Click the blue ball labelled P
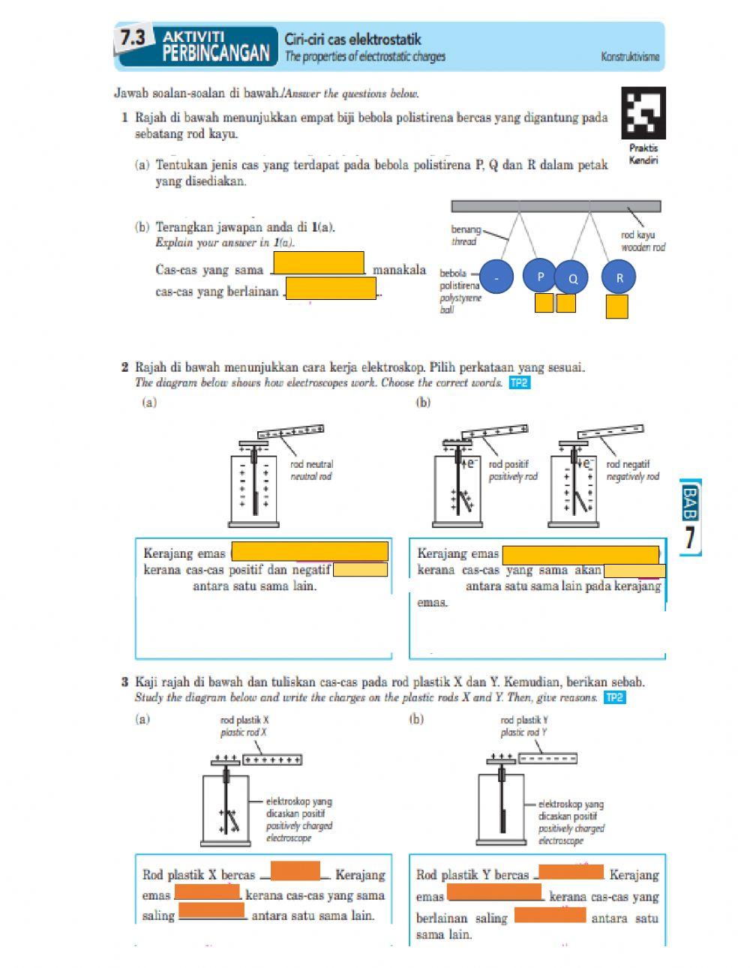541,276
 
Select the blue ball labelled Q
573,279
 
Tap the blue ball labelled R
619,277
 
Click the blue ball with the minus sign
496,278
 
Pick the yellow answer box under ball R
616,307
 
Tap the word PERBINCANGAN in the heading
216,53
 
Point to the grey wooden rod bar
556,206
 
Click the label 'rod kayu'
637,235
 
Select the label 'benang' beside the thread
465,229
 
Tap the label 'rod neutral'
311,465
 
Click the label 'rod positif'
508,465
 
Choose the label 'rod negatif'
628,465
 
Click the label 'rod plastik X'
244,720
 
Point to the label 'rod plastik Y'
524,720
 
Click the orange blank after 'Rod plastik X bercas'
295,871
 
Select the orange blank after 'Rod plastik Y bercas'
571,872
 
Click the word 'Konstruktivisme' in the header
630,56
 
